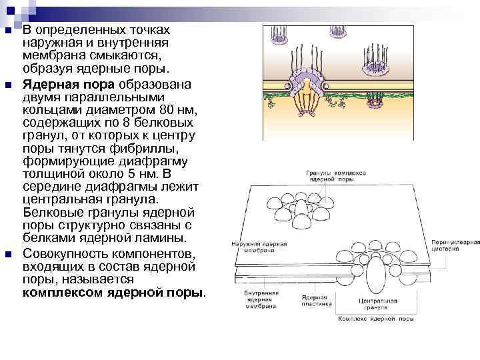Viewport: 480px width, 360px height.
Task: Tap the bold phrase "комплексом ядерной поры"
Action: (113, 293)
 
